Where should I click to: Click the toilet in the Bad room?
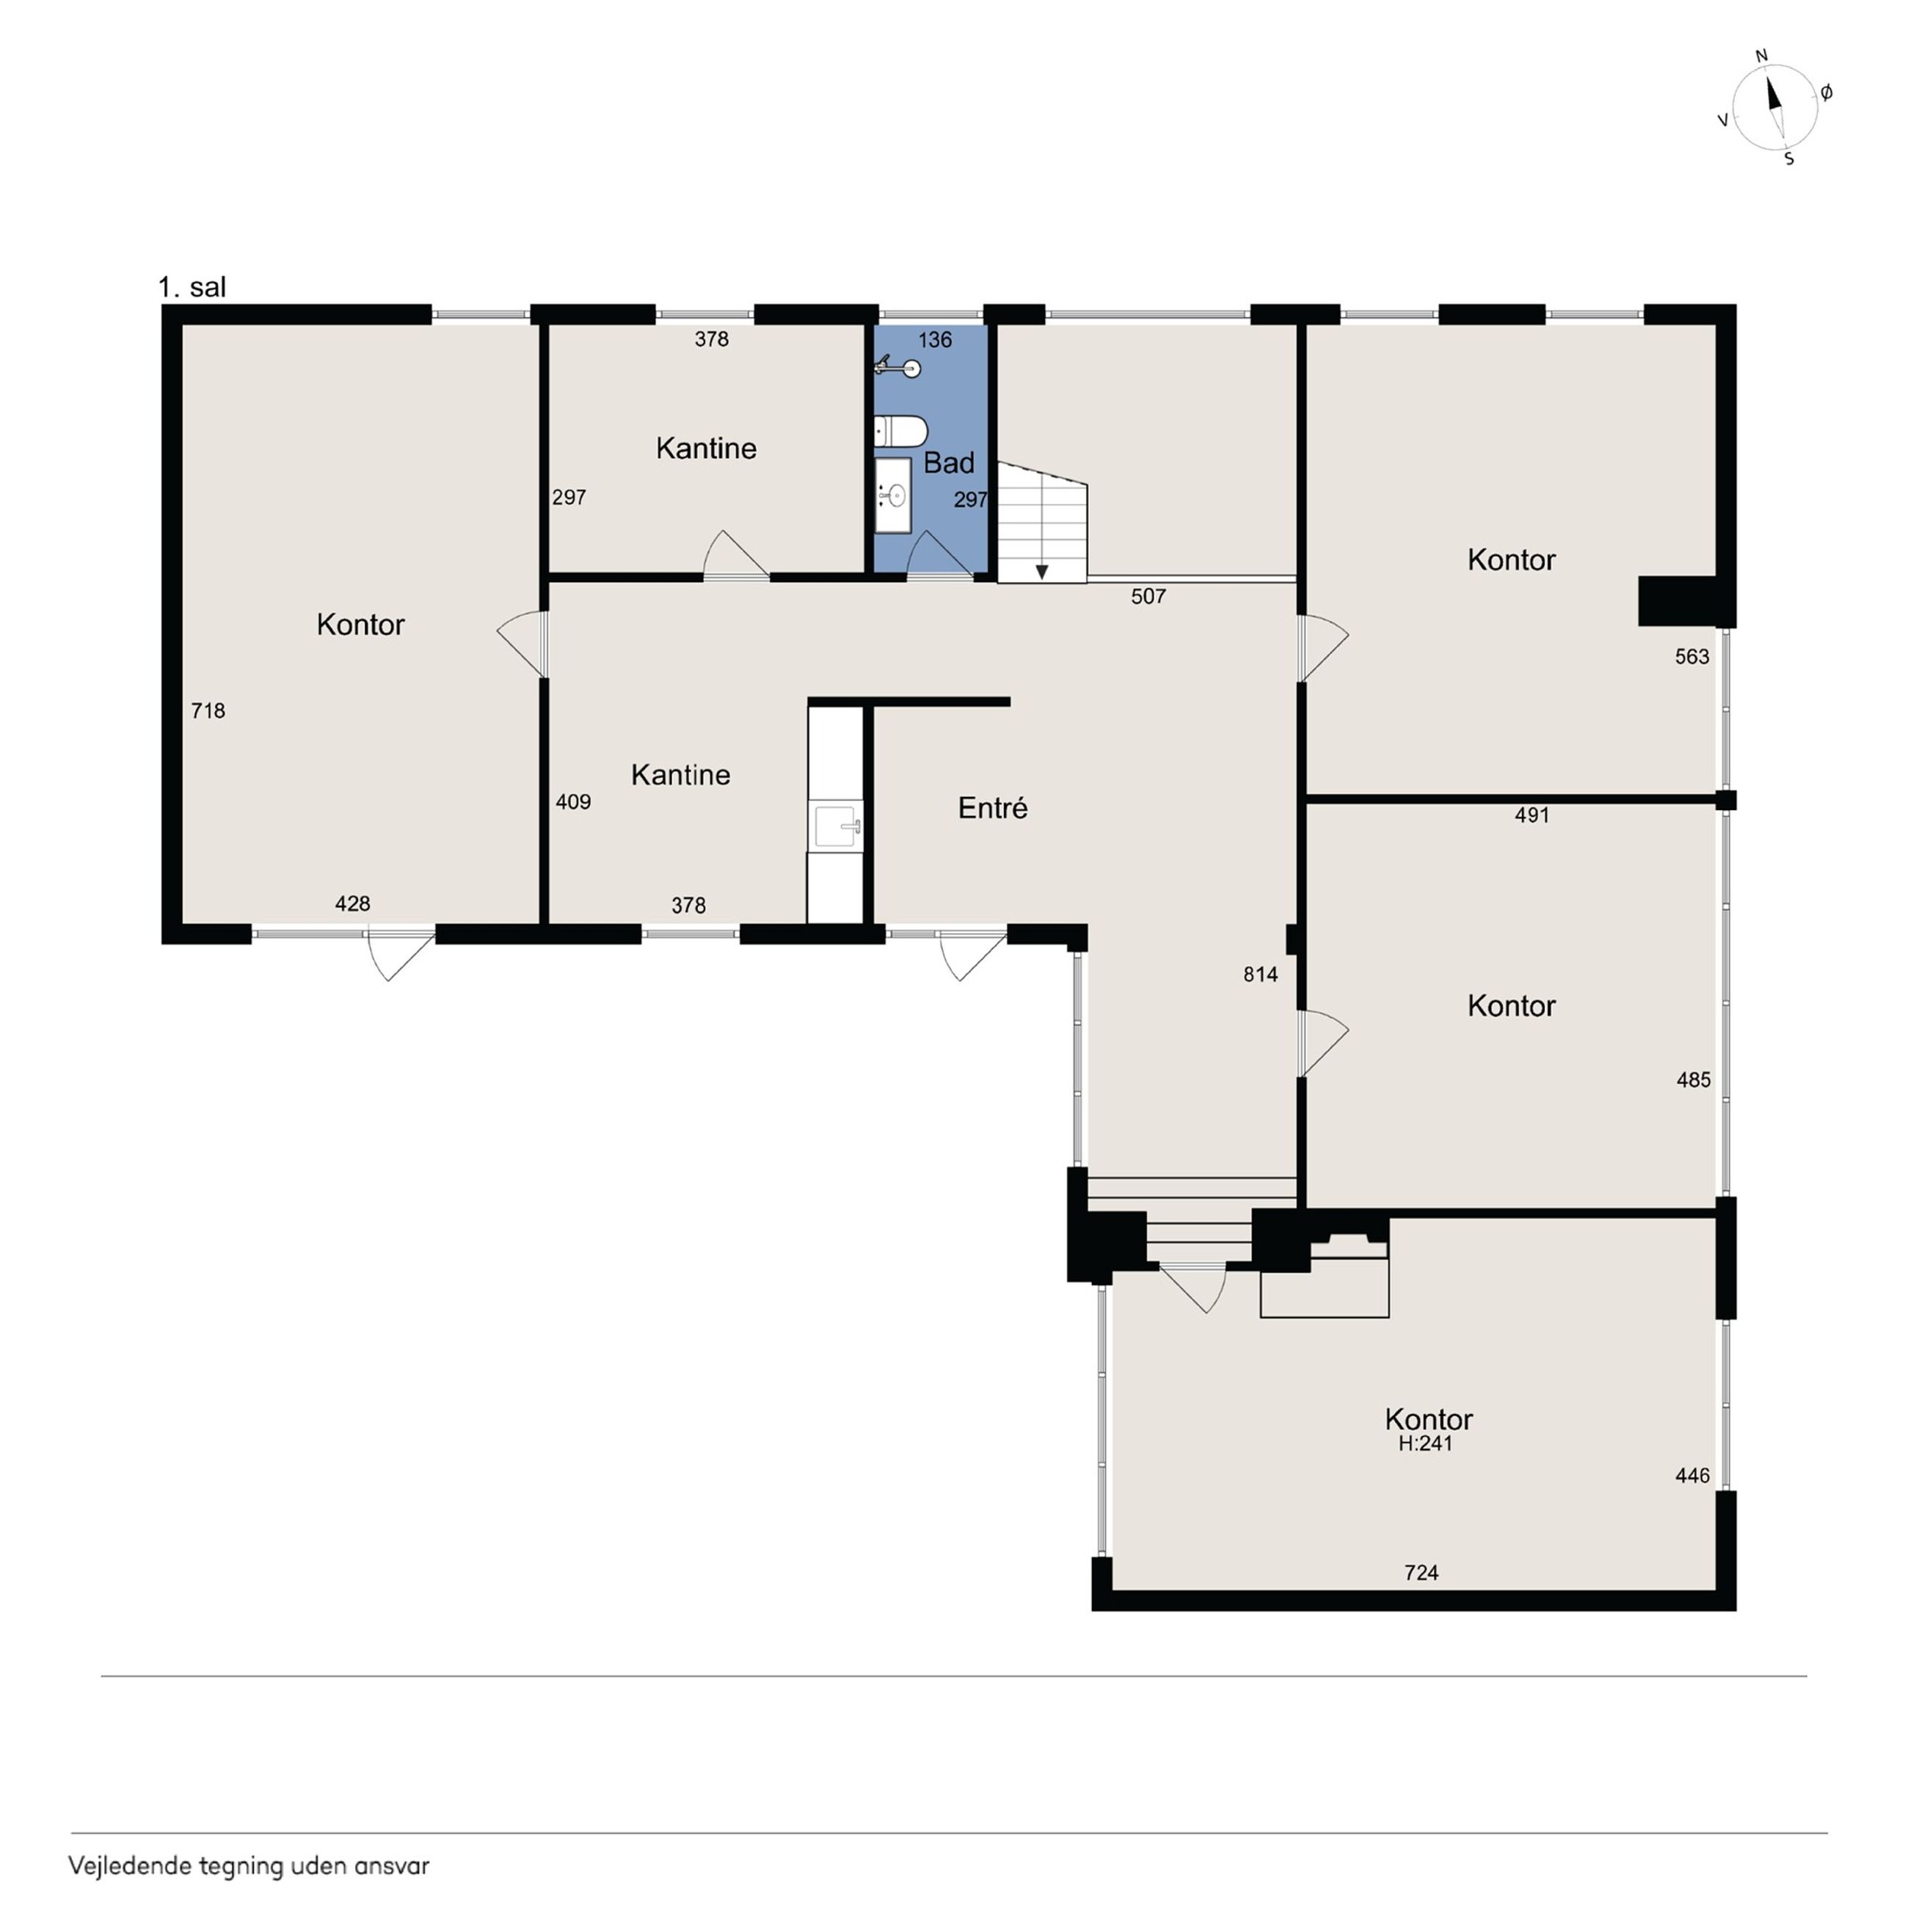[x=900, y=432]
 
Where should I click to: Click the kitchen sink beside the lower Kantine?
[x=836, y=825]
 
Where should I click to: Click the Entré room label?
[x=992, y=808]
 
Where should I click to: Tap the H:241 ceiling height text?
[x=1425, y=1443]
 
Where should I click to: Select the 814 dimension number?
[x=1260, y=975]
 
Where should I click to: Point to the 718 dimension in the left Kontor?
[x=208, y=711]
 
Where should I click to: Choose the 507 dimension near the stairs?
[x=1148, y=597]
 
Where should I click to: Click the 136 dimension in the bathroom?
[x=934, y=341]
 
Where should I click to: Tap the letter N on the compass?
[x=1760, y=57]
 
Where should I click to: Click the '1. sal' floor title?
[x=192, y=288]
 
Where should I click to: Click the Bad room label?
[x=948, y=462]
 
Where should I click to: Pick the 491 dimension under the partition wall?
[x=1532, y=816]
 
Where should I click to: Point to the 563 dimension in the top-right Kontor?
[x=1692, y=657]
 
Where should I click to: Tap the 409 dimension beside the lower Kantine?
[x=573, y=802]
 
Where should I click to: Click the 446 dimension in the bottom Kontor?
[x=1693, y=1476]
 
